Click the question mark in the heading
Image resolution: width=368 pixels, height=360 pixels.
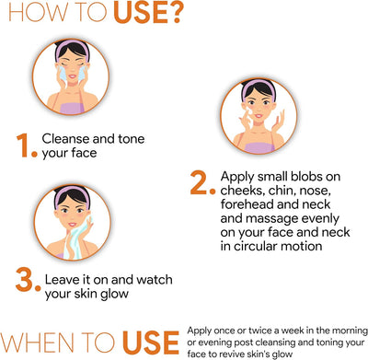pyautogui.click(x=173, y=13)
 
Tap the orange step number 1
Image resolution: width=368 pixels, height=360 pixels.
pyautogui.click(x=23, y=145)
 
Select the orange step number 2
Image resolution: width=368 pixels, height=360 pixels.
pyautogui.click(x=200, y=183)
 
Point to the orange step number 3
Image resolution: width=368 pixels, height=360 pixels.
pyautogui.click(x=25, y=280)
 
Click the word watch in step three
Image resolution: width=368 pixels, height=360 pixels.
pyautogui.click(x=155, y=280)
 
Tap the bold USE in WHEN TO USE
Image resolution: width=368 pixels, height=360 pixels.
pyautogui.click(x=151, y=343)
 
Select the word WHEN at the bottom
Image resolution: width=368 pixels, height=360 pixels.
pyautogui.click(x=37, y=343)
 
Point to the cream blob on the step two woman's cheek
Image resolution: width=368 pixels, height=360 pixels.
pyautogui.click(x=248, y=110)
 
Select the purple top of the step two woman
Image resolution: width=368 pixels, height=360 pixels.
pyautogui.click(x=259, y=148)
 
